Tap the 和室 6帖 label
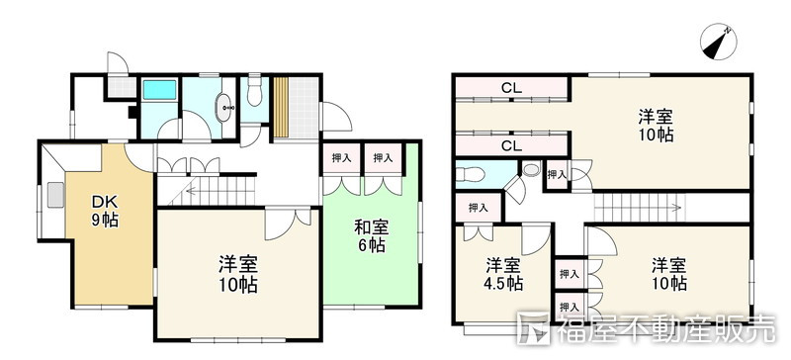pos(371,236)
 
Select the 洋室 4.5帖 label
pos(503,274)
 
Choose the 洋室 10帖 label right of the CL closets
pos(656,126)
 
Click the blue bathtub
pos(159,91)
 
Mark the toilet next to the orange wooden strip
pos(256,94)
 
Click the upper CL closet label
pos(510,89)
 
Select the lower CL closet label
pos(510,146)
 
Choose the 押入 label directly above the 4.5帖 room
pos(478,208)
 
